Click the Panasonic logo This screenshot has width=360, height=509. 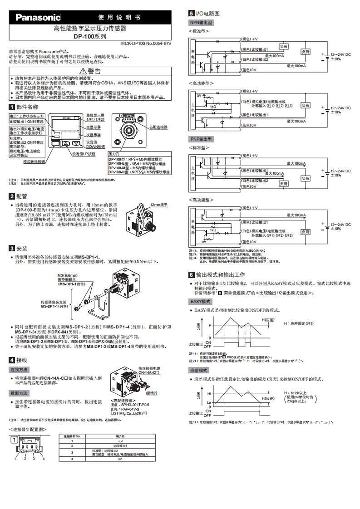39,18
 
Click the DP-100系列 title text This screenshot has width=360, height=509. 90,36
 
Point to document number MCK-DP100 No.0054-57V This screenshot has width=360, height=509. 146,44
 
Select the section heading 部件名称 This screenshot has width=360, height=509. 27,107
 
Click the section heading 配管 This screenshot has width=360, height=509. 21,196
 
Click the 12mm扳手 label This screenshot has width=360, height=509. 159,205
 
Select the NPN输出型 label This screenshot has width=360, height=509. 201,22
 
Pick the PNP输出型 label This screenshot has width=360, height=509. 201,139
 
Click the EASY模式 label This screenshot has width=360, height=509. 200,301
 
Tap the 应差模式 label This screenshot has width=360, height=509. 199,371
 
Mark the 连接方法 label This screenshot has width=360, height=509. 20,370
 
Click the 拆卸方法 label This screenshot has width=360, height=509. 20,393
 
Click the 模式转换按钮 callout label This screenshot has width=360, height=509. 34,161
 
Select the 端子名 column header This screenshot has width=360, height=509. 120,436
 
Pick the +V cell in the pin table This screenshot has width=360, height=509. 120,440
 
